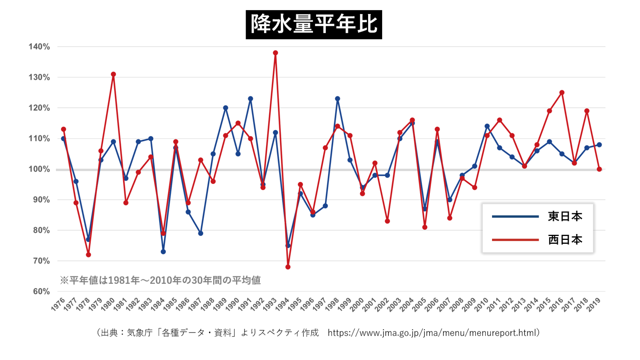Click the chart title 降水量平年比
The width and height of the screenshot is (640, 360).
314,25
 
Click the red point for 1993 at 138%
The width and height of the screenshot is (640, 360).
275,53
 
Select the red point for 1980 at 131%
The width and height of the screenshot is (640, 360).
113,74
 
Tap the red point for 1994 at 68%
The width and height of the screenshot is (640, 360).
288,267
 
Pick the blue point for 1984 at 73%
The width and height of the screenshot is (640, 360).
163,252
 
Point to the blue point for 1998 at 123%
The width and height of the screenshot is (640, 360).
338,99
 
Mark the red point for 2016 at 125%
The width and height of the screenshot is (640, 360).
562,93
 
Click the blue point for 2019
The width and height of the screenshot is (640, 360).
599,145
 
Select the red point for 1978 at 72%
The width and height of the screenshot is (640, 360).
88,255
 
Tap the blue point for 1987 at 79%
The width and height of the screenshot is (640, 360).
201,233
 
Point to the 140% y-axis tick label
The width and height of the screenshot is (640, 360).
39,47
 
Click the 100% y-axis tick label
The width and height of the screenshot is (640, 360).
39,169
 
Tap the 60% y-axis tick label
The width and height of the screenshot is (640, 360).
41,292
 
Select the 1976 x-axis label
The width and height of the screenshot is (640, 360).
58,304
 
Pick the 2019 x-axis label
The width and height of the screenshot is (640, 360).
594,304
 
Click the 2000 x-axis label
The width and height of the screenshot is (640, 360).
357,304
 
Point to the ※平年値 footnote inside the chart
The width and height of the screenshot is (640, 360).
160,280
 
